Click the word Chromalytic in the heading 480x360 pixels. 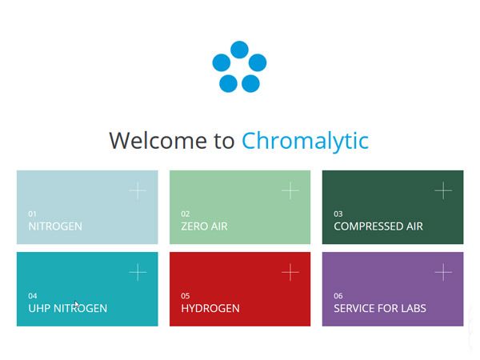(306, 141)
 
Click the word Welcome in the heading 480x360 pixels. (158, 141)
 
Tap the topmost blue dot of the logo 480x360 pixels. (239, 50)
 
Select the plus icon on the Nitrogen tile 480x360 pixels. (138, 190)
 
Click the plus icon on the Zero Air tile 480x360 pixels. (290, 190)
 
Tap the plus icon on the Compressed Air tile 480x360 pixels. (443, 190)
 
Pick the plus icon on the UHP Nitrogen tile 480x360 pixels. (138, 272)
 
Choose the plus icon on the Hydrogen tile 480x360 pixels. (290, 272)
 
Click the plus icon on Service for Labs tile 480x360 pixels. (443, 272)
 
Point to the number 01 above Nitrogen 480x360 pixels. (32, 214)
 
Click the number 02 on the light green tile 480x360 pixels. (186, 214)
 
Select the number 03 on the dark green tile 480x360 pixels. (338, 214)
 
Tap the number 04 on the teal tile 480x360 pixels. (33, 296)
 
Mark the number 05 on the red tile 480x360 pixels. (186, 296)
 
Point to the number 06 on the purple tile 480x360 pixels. (338, 296)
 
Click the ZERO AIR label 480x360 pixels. (204, 226)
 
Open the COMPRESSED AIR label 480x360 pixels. (378, 226)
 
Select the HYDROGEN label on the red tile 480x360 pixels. (210, 308)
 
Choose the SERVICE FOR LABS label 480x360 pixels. (379, 308)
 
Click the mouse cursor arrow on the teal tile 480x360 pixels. (77, 305)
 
